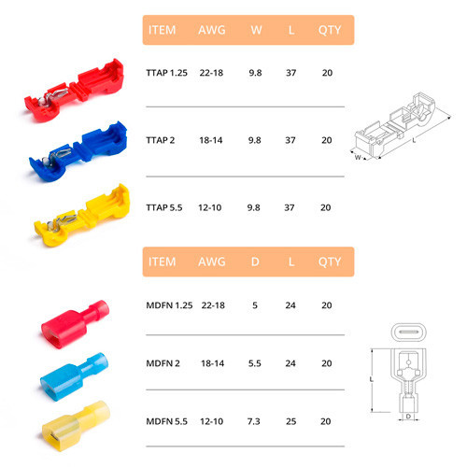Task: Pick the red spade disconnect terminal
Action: (75, 324)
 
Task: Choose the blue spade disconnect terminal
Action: (74, 376)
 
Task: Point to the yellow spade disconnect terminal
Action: (76, 426)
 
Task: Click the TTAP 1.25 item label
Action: (167, 73)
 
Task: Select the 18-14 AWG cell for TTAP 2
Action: (211, 140)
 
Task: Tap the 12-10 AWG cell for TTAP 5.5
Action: (210, 207)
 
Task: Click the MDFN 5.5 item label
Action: (167, 421)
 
